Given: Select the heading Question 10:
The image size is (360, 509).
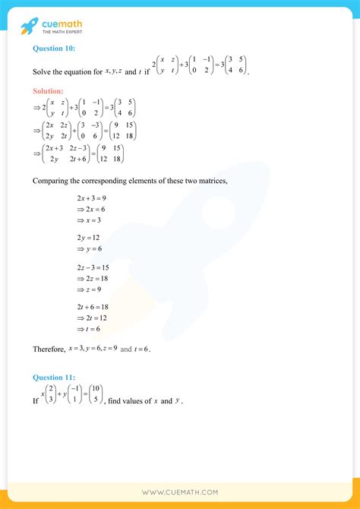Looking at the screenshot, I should coord(52,49).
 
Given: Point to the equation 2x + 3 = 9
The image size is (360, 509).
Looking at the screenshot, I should coord(89,198).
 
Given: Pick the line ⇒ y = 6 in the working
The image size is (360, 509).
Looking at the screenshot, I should coord(89,248).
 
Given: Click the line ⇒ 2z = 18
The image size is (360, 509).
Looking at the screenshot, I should coord(91,279).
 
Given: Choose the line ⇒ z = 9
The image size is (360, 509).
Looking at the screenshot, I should coord(89,289).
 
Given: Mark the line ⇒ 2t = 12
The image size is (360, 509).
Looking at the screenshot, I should coord(91,319).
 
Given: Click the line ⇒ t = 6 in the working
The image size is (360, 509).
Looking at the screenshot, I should coord(89,329).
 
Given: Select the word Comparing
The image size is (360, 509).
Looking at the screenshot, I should coord(51,180).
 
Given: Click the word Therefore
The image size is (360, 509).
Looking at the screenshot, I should coord(48,349).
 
